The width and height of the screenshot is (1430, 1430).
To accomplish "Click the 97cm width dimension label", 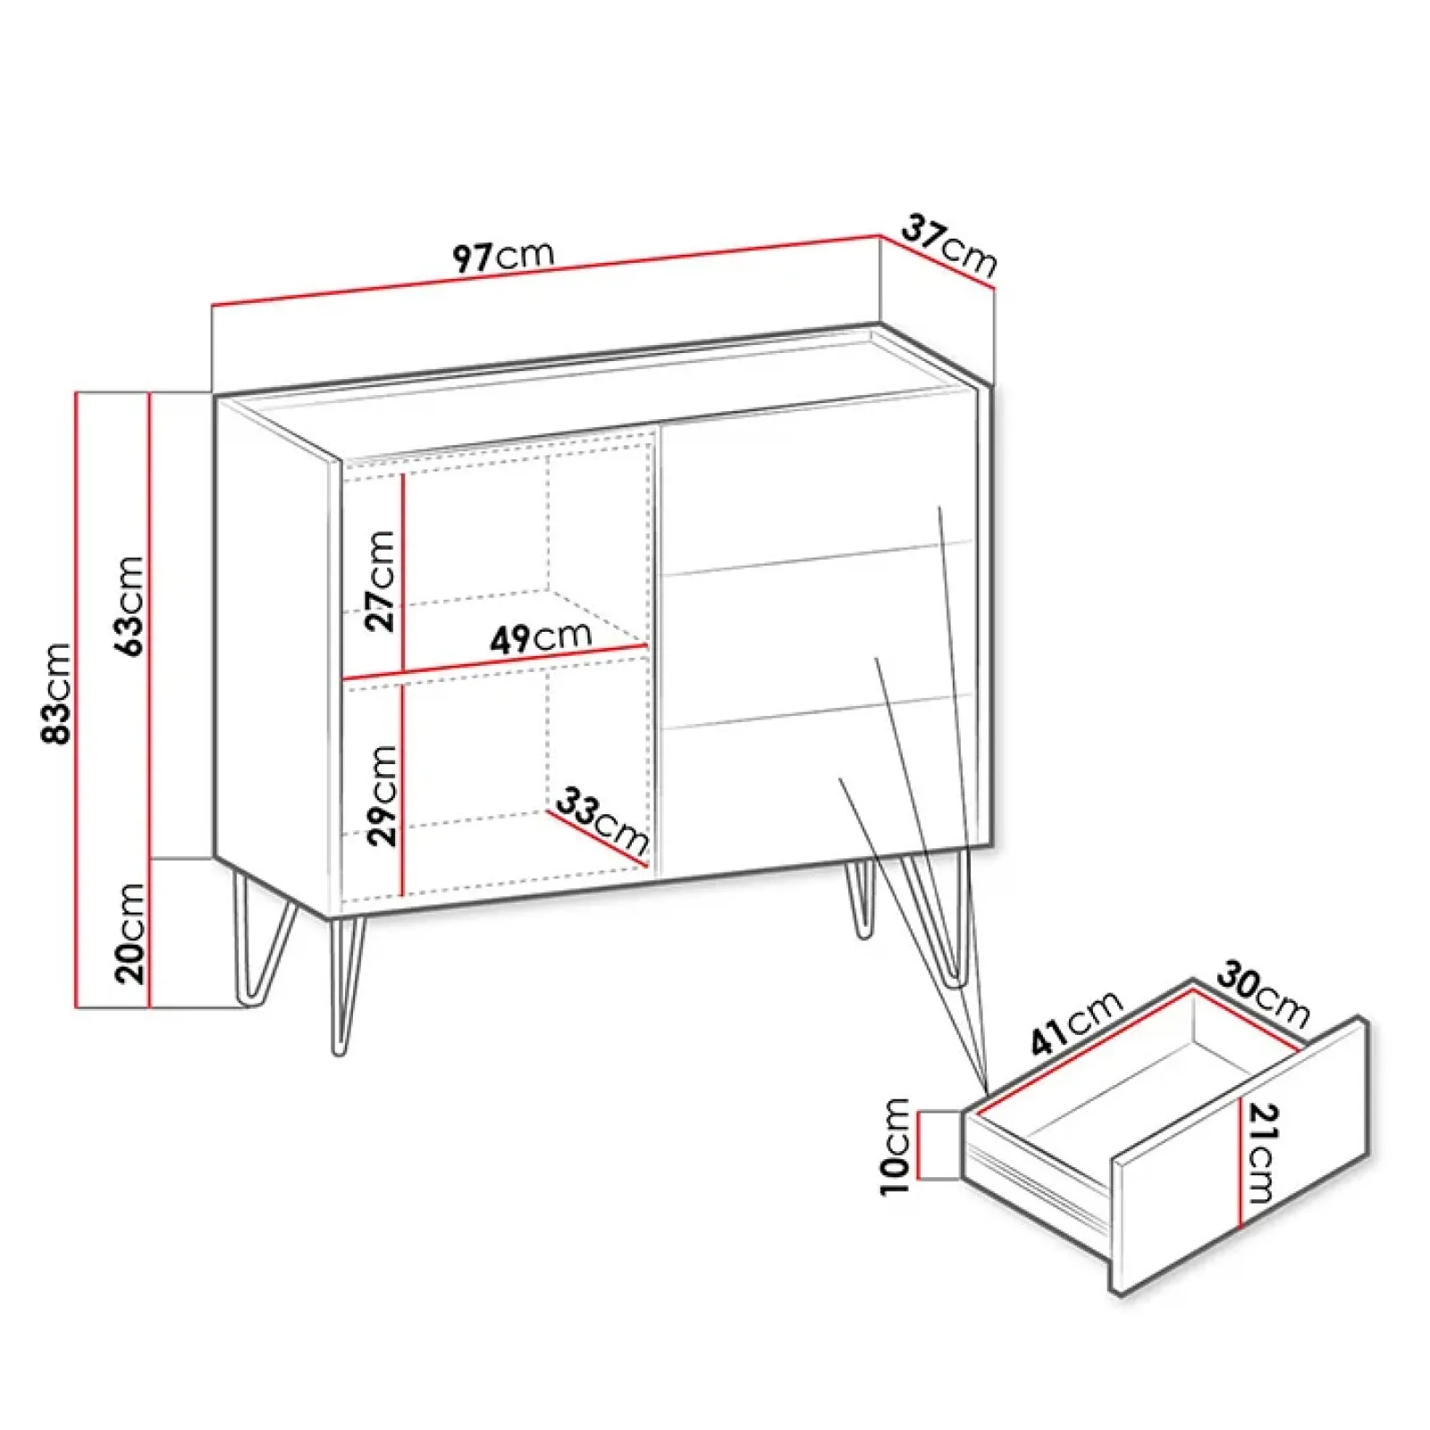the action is pyautogui.click(x=503, y=256).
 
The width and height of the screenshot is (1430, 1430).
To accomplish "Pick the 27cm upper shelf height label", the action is pyautogui.click(x=379, y=581).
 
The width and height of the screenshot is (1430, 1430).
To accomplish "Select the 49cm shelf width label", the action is pyautogui.click(x=541, y=637).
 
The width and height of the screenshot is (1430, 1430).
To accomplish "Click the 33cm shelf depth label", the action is pyautogui.click(x=602, y=820).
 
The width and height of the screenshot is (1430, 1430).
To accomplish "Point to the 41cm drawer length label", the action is pyautogui.click(x=1075, y=1022).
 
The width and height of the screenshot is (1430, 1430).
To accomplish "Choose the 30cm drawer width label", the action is pyautogui.click(x=1263, y=993).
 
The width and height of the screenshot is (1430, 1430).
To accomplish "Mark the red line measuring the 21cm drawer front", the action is pyautogui.click(x=1241, y=1161).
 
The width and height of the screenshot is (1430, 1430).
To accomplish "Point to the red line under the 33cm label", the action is pyautogui.click(x=595, y=838).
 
